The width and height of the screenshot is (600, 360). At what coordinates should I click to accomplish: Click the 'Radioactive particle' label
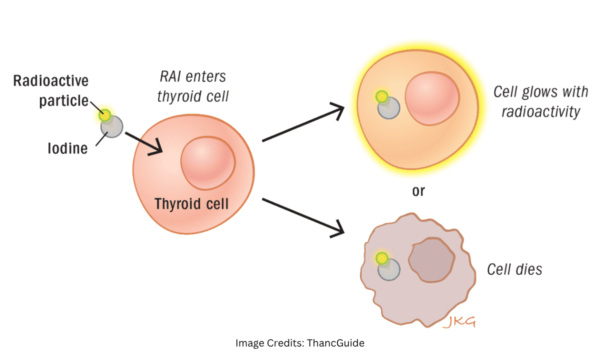click(x=50, y=90)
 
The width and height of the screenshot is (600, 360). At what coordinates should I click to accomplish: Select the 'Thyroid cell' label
click(x=191, y=204)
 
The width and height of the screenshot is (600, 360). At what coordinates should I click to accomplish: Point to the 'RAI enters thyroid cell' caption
click(x=192, y=86)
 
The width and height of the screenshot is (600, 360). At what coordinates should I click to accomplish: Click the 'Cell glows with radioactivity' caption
click(x=540, y=101)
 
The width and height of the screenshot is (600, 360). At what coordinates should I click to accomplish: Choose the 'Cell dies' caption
click(x=514, y=269)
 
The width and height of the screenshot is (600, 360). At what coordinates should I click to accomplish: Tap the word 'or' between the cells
click(x=418, y=191)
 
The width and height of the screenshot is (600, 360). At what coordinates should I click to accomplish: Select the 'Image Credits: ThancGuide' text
click(x=299, y=343)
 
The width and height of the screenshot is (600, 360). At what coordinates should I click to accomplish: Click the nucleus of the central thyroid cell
click(x=208, y=163)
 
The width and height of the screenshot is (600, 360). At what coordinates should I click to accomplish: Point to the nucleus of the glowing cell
click(x=432, y=100)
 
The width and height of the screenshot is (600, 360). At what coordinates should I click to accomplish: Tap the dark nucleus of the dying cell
click(x=432, y=260)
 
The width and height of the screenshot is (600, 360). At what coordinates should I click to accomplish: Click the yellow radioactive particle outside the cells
click(x=105, y=115)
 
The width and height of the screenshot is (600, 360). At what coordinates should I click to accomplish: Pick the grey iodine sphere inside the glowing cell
click(x=388, y=107)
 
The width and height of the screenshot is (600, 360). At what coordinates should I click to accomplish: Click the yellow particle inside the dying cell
click(x=382, y=258)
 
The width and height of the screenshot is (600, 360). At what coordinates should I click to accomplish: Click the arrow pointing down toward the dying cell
click(x=303, y=215)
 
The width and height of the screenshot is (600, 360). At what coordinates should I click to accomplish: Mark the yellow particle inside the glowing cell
click(x=382, y=96)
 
